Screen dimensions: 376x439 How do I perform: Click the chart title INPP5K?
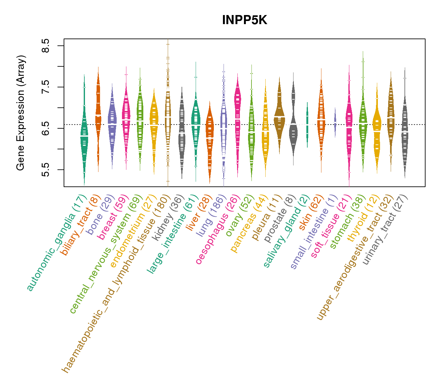(x=244, y=20)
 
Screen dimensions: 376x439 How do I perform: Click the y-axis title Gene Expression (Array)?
(x=21, y=113)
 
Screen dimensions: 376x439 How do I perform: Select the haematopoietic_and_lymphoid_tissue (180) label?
(x=117, y=284)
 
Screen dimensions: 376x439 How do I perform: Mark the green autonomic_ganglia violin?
(x=84, y=138)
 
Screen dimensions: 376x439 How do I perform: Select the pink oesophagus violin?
(x=237, y=110)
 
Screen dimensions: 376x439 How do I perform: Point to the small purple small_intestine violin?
(x=335, y=123)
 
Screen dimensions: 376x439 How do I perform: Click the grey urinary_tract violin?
(x=405, y=132)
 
